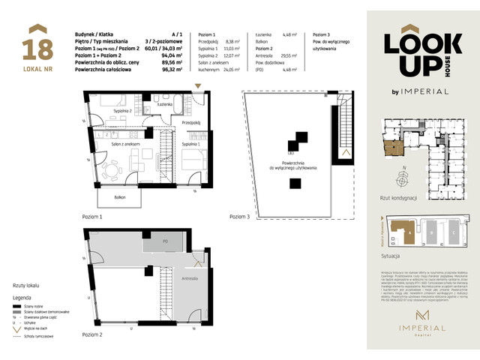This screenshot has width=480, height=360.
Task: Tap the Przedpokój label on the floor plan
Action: [x=190, y=122]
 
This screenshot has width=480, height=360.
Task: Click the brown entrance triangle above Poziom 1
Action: [x=197, y=88]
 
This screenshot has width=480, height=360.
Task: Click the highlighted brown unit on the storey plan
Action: [x=391, y=147]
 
